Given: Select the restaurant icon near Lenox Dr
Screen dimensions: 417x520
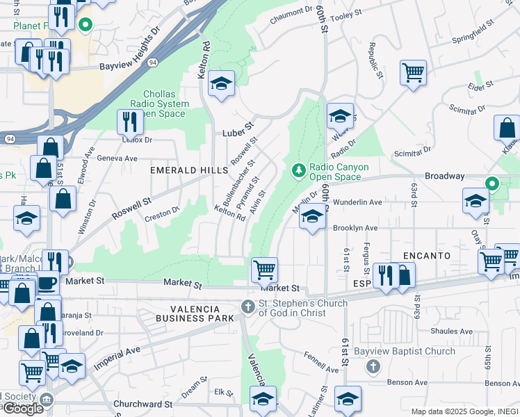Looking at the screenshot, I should [130, 122].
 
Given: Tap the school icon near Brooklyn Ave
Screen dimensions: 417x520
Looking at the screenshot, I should [313, 218].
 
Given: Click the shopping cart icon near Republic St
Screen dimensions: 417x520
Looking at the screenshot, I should [413, 72].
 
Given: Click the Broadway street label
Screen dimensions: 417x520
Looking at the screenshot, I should [444, 177].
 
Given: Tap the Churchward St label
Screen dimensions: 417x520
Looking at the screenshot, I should [143, 404].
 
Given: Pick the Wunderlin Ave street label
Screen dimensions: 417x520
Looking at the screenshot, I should [357, 202].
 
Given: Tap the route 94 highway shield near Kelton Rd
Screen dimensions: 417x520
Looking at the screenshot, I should [152, 63].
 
